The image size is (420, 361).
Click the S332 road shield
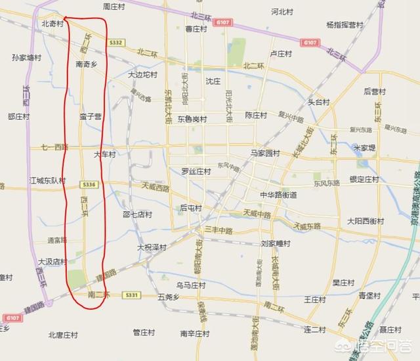point(117,42)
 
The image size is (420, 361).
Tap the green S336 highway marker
point(91,183)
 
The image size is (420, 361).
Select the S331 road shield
point(133,296)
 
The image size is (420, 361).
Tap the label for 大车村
point(104,155)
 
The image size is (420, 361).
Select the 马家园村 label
point(266,153)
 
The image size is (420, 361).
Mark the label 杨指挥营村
point(345,24)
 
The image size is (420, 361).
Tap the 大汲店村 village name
point(52,261)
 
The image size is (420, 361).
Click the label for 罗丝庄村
point(196,171)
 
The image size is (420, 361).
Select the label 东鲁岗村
point(190,120)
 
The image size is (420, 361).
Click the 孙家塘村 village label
point(27,57)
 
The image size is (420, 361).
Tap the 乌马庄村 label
point(190,285)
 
